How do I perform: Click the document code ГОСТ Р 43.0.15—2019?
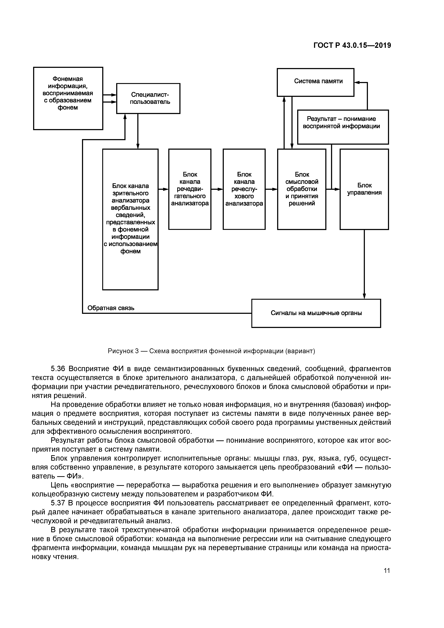pyautogui.click(x=352, y=45)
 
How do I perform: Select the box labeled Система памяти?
pyautogui.click(x=315, y=82)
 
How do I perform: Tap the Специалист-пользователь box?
pyautogui.click(x=148, y=98)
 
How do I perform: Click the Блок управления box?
pyautogui.click(x=364, y=189)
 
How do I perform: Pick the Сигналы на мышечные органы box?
pyautogui.click(x=316, y=313)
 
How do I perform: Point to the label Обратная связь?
pyautogui.click(x=111, y=308)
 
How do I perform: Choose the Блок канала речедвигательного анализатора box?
pyautogui.click(x=190, y=189)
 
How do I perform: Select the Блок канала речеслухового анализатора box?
pyautogui.click(x=244, y=189)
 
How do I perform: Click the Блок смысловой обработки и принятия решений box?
pyautogui.click(x=301, y=189)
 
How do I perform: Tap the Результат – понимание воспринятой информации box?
pyautogui.click(x=343, y=127)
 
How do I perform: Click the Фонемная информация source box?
pyautogui.click(x=68, y=98)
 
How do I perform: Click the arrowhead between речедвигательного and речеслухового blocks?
pyautogui.click(x=221, y=189)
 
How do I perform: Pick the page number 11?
pyautogui.click(x=387, y=571)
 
